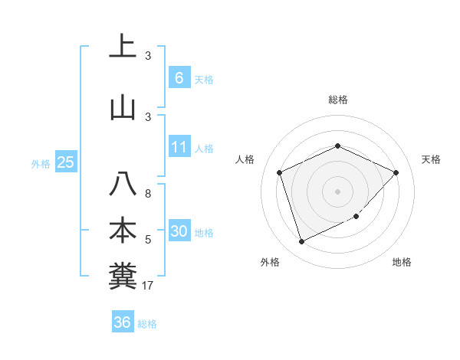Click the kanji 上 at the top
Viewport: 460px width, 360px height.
[123, 46]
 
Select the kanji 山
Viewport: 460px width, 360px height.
[123, 106]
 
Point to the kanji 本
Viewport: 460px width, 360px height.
[123, 231]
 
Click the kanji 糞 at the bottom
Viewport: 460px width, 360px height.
[123, 276]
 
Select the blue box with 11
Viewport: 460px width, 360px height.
[179, 147]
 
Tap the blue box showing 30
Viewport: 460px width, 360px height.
[179, 231]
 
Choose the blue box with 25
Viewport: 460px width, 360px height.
[65, 162]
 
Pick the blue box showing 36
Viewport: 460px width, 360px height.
[123, 322]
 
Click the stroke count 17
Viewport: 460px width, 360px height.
[148, 286]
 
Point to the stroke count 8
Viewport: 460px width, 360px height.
[147, 195]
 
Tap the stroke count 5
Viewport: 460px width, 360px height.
[148, 241]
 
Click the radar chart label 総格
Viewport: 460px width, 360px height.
[338, 100]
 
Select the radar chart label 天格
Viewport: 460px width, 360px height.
[432, 159]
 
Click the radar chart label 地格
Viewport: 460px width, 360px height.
[402, 263]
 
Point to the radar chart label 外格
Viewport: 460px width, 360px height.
[270, 263]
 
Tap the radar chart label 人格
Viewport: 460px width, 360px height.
[245, 159]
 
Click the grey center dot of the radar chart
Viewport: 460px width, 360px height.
[338, 191]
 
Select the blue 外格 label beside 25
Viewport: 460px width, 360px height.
[41, 163]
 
